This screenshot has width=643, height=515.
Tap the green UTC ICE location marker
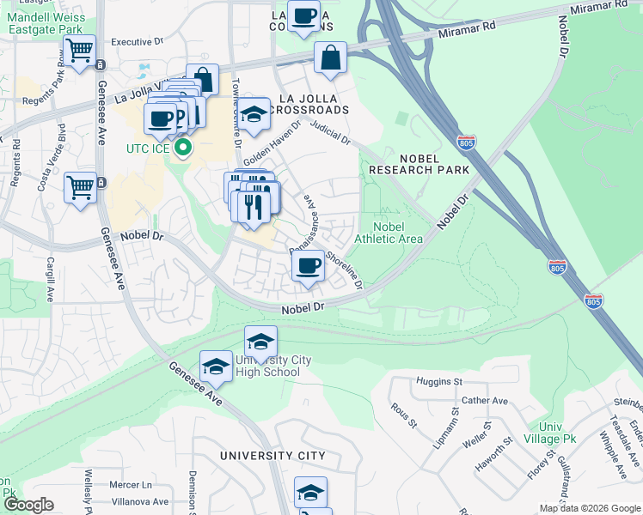183,149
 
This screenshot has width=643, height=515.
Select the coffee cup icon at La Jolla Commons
303,16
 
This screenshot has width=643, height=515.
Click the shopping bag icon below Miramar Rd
330,58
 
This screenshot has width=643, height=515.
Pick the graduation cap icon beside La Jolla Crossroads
254,114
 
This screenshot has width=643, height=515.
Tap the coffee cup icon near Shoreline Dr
308,265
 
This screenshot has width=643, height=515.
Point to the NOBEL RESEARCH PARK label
419,164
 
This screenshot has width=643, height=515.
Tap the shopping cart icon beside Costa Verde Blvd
80,185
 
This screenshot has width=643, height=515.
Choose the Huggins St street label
439,381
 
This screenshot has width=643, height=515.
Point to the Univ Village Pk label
556,433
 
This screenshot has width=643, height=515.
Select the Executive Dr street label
137,41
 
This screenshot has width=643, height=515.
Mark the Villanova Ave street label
138,501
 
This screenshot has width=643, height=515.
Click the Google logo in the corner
29,505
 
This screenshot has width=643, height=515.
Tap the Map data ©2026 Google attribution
590,508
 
